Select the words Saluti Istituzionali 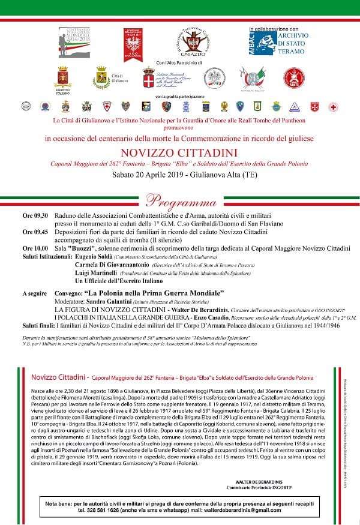[46, 256]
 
